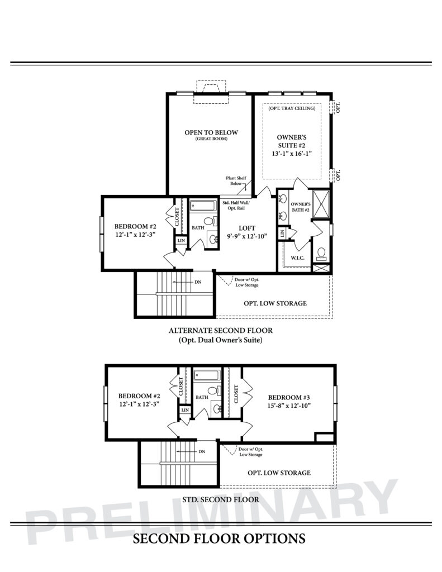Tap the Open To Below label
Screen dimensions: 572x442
tap(211, 133)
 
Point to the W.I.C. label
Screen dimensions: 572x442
tap(297, 258)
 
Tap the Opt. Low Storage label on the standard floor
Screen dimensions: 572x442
tap(279, 473)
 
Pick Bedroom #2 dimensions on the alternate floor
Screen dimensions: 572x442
tap(134, 235)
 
